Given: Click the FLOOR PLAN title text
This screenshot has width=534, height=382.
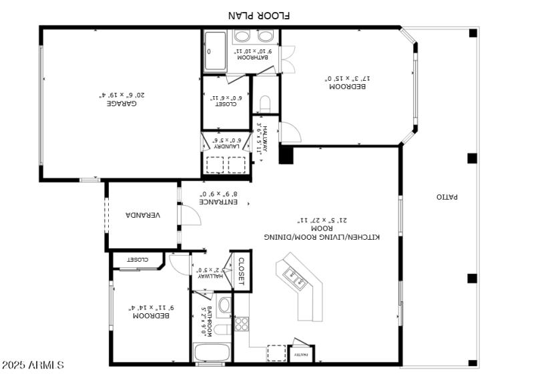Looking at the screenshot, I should click(x=260, y=15).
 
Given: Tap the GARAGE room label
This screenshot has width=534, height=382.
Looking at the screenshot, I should click(x=121, y=104).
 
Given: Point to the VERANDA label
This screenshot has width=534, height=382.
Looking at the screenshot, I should click(x=143, y=215).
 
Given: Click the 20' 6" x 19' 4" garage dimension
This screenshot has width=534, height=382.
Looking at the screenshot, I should click(x=121, y=94).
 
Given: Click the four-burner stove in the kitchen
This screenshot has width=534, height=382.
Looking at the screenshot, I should click(x=241, y=325).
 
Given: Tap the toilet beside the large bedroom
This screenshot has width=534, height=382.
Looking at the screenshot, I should click(x=265, y=104).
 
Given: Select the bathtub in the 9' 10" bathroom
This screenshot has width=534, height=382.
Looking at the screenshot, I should click(x=215, y=51).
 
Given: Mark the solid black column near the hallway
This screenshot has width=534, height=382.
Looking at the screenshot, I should click(x=286, y=154).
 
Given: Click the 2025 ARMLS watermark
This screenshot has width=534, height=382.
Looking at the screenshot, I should click(x=33, y=365).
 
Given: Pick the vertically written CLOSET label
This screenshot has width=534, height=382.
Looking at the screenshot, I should click(x=241, y=271).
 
